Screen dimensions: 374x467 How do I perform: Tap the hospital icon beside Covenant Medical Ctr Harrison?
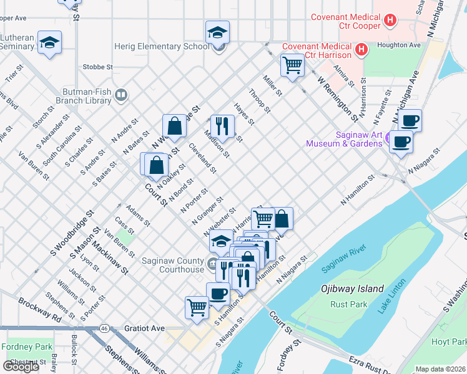[x=360, y=49]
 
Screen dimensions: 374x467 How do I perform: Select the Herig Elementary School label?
[x=161, y=46]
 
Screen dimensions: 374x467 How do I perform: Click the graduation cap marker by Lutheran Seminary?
[x=49, y=43]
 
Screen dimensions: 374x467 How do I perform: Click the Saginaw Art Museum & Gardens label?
[x=343, y=139]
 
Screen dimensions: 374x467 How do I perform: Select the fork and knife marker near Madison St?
[x=222, y=125]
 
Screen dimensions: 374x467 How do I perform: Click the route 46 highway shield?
[x=104, y=327]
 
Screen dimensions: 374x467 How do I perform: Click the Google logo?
[x=21, y=366]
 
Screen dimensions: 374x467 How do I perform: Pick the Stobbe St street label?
[x=97, y=67]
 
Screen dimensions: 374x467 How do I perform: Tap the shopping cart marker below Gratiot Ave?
[x=197, y=307]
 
